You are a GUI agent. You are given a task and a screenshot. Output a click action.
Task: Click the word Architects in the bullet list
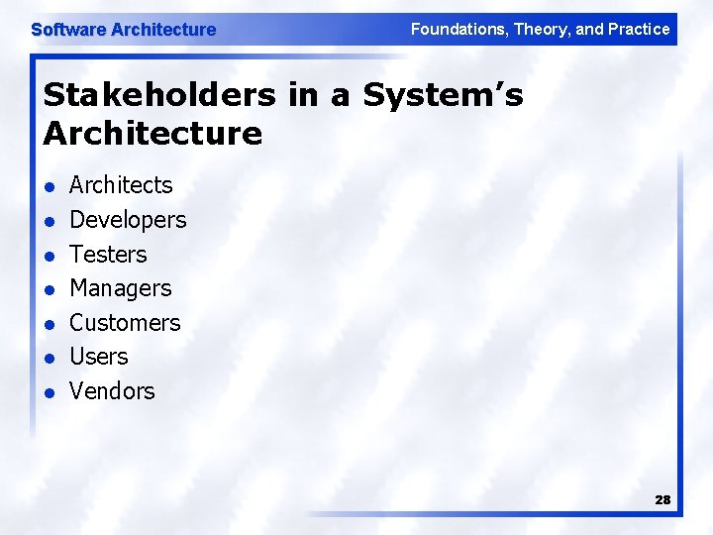coord(121,185)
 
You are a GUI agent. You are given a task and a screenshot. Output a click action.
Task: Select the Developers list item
coord(128,220)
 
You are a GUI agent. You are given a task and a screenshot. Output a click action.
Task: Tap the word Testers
coord(108,255)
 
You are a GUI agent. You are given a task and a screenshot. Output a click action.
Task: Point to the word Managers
coord(120,289)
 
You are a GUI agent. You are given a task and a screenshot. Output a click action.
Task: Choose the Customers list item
coord(125,323)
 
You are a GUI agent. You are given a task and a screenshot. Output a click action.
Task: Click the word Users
coord(99,357)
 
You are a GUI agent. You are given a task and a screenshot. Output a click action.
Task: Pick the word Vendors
coord(112,391)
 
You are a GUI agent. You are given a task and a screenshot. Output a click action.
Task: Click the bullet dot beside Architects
coord(49,187)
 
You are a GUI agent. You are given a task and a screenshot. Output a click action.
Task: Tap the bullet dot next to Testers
coord(49,256)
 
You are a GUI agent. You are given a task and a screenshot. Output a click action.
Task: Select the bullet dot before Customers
coord(49,324)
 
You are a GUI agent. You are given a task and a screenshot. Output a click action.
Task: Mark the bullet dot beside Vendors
coord(49,392)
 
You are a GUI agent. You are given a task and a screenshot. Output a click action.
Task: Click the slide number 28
coord(662,500)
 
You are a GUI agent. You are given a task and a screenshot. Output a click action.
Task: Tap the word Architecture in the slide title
coord(153,133)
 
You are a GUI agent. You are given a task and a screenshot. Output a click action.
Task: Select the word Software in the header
coord(68,30)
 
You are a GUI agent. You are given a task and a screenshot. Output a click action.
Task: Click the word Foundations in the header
coord(458,29)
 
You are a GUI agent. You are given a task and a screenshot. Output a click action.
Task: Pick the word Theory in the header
coord(540,29)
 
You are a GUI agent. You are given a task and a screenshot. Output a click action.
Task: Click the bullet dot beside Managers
coord(49,290)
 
